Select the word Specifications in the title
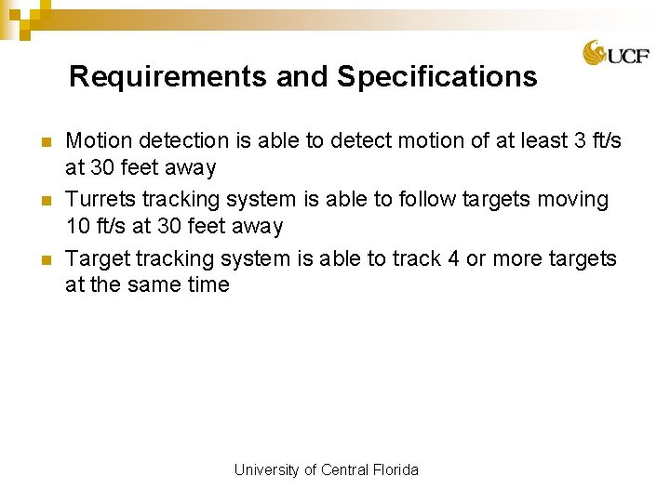click(x=437, y=76)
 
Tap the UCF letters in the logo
click(x=622, y=56)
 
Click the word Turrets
click(x=100, y=200)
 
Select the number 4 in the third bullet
click(x=453, y=258)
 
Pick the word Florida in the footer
click(x=395, y=470)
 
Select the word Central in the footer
click(x=344, y=470)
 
